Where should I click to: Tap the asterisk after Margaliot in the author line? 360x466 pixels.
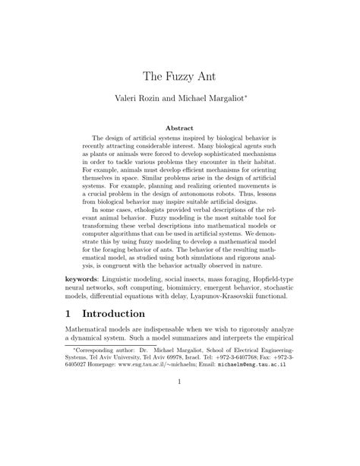pos(245,97)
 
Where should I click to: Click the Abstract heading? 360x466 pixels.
pos(179,129)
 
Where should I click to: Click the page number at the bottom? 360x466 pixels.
pos(179,446)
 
